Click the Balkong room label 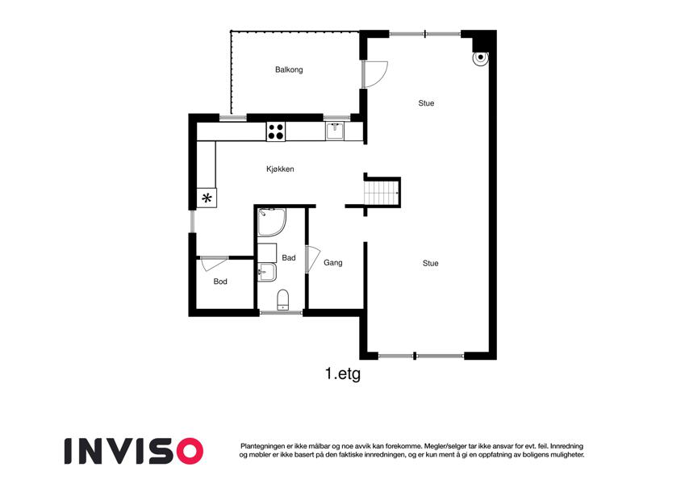[x=289, y=69]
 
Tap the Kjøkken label [x=280, y=169]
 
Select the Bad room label [x=289, y=257]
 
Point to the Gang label [x=333, y=262]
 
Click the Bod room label [x=220, y=282]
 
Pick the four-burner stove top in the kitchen [x=276, y=131]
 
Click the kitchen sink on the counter [x=335, y=131]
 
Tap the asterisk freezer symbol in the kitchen [x=207, y=198]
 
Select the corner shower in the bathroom [x=271, y=223]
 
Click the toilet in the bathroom [x=283, y=299]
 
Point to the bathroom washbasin [x=266, y=272]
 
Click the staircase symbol [x=382, y=193]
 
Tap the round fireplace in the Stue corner [x=481, y=58]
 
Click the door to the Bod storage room [x=213, y=264]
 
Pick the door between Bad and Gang [x=313, y=260]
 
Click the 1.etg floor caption [x=343, y=374]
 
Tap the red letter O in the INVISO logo [x=188, y=451]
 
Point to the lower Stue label [x=430, y=263]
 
